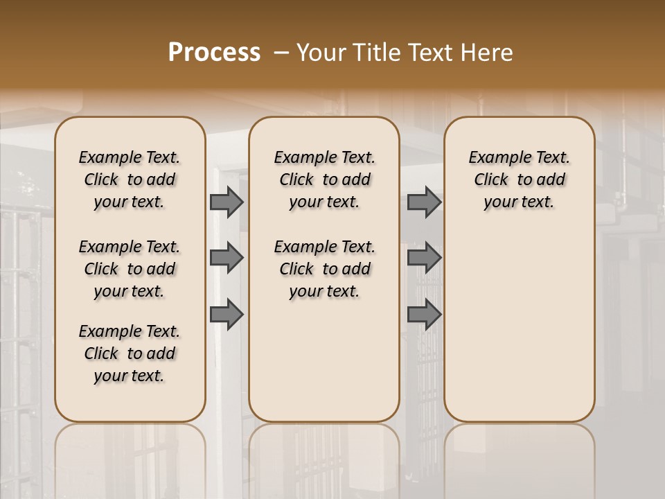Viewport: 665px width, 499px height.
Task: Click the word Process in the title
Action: pos(214,53)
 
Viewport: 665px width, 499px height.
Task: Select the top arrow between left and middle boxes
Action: pos(227,202)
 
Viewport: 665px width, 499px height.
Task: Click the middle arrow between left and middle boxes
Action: pos(227,258)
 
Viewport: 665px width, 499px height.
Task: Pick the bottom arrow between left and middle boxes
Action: pos(227,315)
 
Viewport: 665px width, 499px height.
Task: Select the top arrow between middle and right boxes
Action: pos(424,202)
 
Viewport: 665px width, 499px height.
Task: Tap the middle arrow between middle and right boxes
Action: pos(424,258)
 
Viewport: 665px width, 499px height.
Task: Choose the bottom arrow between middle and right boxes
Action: pos(424,315)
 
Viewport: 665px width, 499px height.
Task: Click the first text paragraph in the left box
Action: pos(130,180)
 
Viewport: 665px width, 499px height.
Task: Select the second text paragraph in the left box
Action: pos(130,269)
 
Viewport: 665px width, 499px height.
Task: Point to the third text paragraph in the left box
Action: pos(130,353)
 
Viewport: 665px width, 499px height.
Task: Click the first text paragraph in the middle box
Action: pos(324,180)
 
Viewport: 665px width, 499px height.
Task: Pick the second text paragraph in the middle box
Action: pos(324,269)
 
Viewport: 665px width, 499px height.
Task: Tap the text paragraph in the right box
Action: pos(519,180)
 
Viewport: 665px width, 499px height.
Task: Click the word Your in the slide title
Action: pos(317,53)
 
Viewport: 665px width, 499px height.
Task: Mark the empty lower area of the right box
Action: pos(519,326)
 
